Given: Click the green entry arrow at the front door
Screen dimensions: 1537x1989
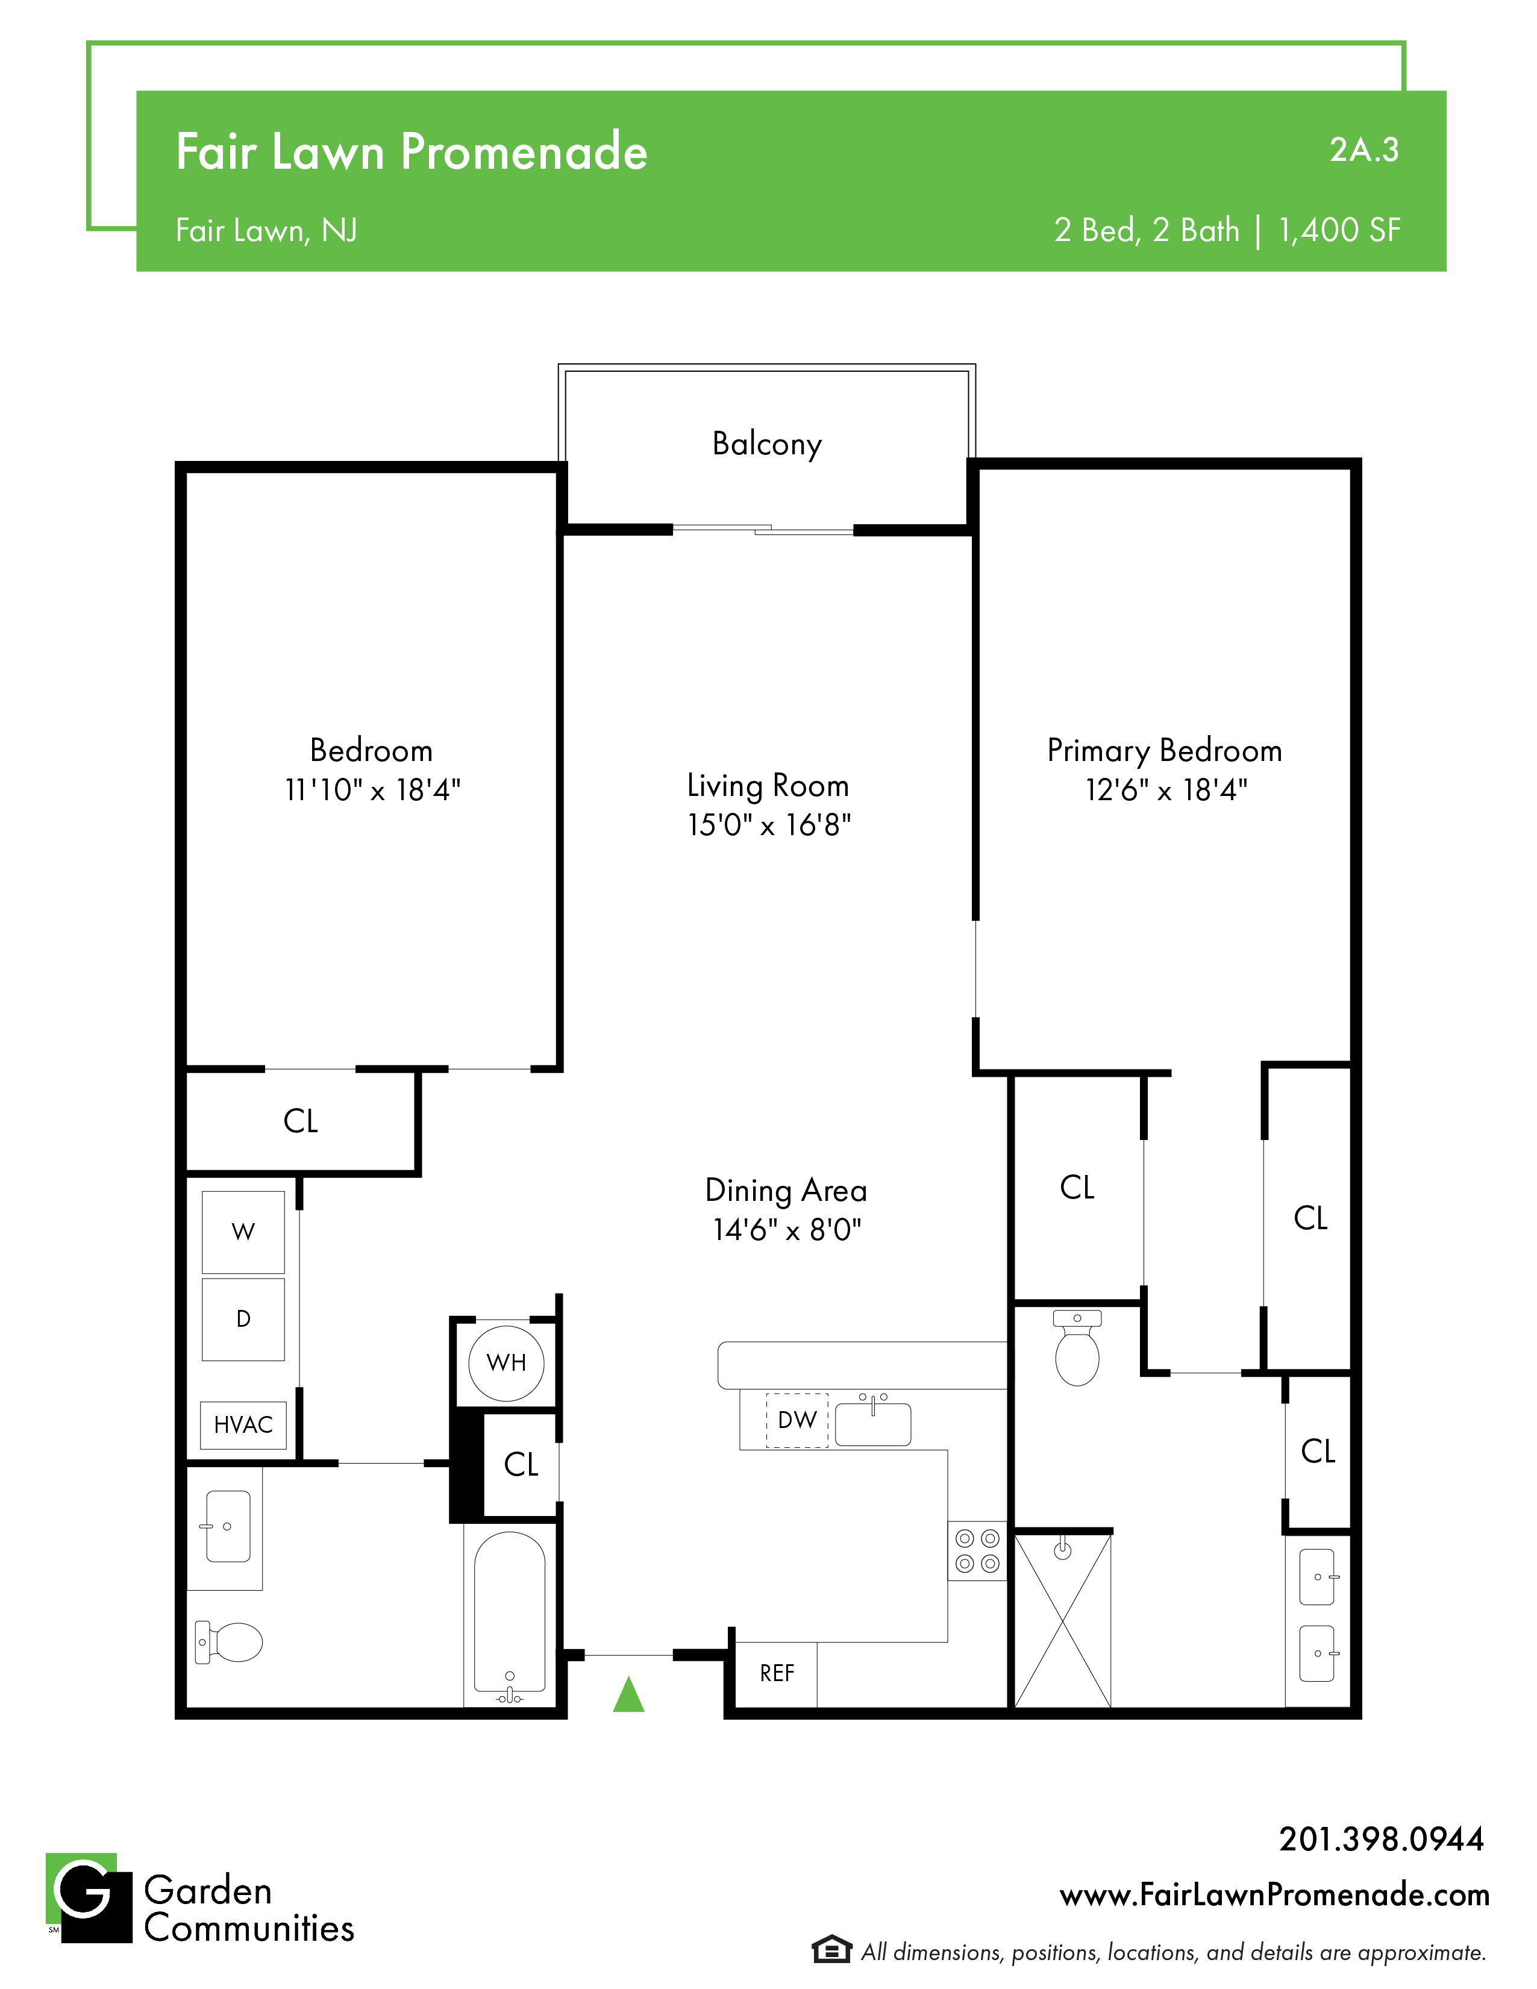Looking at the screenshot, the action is (x=628, y=1695).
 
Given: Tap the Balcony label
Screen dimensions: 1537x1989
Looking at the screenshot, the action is (x=766, y=445).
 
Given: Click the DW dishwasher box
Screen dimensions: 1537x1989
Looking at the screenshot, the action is (x=797, y=1420).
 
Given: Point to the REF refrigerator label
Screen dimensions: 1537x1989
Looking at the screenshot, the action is (x=777, y=1673).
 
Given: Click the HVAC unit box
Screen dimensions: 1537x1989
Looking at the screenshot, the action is (x=243, y=1425).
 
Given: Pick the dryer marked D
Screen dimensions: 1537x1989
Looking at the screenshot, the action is (x=243, y=1320).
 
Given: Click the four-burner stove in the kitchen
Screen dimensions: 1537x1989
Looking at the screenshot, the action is (x=977, y=1551).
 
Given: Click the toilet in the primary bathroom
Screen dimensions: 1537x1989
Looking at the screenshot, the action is (x=1077, y=1348).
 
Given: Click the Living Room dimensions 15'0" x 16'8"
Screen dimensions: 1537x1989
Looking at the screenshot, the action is (x=769, y=825).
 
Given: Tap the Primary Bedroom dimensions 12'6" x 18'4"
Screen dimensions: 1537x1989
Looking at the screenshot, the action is (x=1166, y=789).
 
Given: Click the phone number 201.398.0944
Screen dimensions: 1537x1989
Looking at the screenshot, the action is (x=1382, y=1839).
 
